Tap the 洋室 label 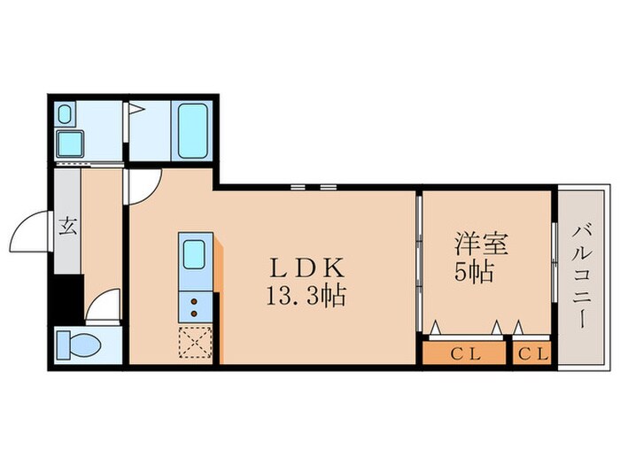coord(474,242)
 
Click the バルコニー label coord(582,276)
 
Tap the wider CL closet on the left coord(465,355)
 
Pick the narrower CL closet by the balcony coord(533,355)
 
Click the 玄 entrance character coord(67,224)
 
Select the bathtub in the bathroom coord(194,130)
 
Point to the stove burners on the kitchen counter coord(194,306)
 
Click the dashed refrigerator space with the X coord(194,342)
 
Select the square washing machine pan coord(69,143)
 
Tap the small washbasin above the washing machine coord(66,113)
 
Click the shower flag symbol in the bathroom coord(137,111)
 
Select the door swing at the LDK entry coord(142,183)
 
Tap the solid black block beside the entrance coord(68,298)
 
